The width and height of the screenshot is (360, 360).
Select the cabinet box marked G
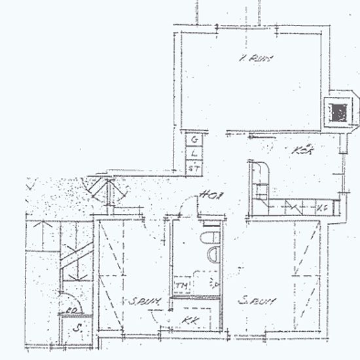click(195, 139)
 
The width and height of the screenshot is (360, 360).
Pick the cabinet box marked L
click(195, 154)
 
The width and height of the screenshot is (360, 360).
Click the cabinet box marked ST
click(194, 168)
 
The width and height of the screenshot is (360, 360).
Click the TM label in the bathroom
click(181, 286)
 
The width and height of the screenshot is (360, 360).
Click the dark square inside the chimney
click(338, 112)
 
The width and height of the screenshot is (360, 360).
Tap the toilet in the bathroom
click(211, 237)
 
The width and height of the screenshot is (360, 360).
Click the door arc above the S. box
click(67, 302)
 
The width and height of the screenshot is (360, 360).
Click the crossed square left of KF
click(293, 208)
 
